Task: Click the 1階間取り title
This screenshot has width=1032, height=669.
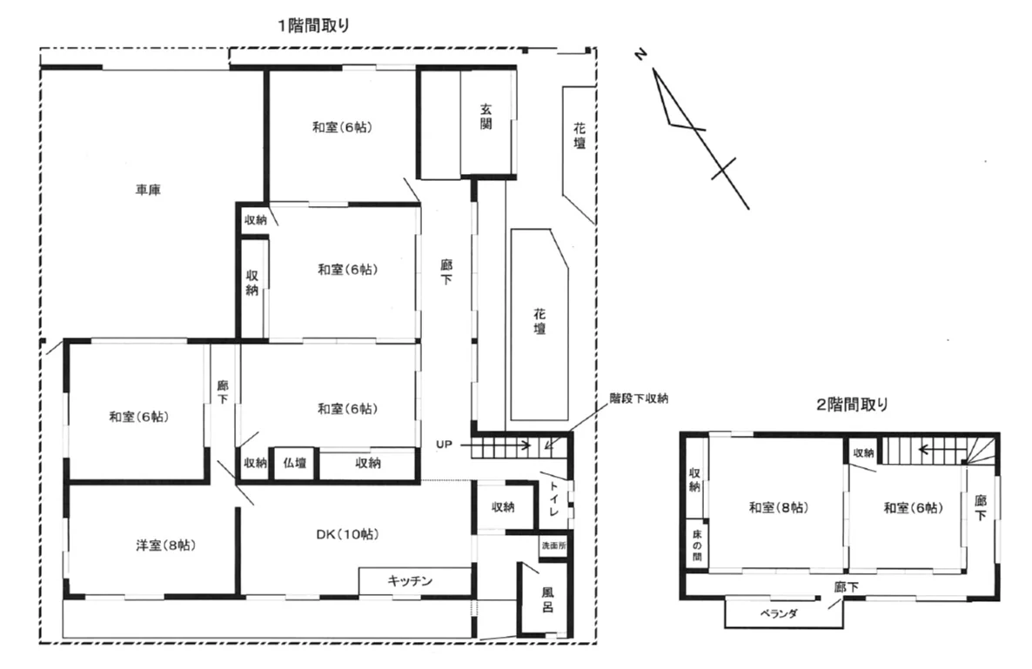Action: [314, 25]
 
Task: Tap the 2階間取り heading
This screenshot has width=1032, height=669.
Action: [852, 405]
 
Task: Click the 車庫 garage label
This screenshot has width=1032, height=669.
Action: [148, 191]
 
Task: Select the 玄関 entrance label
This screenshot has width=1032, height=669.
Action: [486, 117]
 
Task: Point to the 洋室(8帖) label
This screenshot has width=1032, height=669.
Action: [166, 545]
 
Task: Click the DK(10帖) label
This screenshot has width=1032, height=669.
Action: [347, 534]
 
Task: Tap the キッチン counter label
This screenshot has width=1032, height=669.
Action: [410, 581]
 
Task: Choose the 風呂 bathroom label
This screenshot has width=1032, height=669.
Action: [547, 600]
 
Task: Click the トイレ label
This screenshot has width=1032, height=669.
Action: [553, 498]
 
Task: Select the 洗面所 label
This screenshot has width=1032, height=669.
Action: [553, 546]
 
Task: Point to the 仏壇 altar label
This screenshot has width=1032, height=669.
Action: [295, 463]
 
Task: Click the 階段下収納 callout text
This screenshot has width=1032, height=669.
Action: [639, 398]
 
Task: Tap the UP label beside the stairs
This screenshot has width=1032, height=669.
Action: [445, 445]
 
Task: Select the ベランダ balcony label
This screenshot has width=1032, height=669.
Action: [779, 613]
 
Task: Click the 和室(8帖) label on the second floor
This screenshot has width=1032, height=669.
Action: [779, 508]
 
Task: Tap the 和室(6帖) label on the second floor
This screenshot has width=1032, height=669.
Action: [913, 508]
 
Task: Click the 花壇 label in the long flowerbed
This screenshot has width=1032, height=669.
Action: [539, 322]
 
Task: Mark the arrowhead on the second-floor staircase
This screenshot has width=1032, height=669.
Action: [923, 451]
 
